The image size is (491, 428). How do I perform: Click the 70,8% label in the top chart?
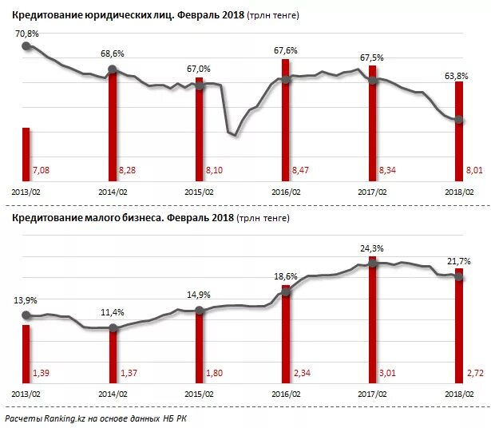[25, 32]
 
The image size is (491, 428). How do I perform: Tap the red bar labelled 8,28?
[113, 128]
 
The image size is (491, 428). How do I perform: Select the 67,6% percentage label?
[285, 51]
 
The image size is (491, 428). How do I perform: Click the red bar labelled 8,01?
[458, 132]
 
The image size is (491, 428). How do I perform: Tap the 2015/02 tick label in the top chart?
[200, 192]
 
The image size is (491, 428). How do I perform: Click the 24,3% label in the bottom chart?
[372, 248]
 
